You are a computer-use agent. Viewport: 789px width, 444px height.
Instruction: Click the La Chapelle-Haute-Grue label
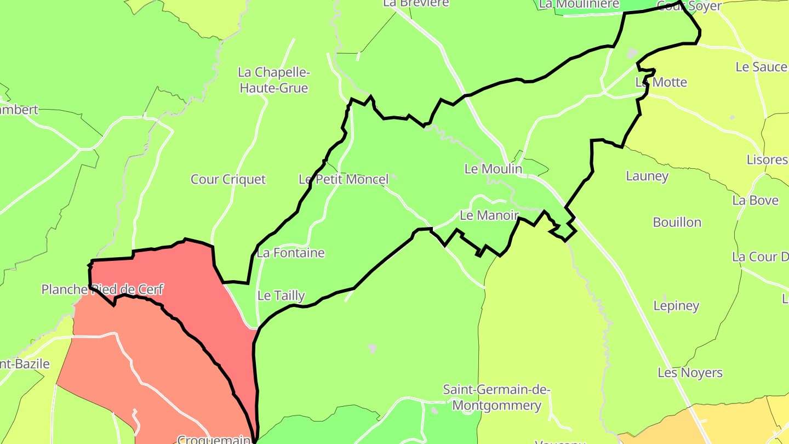click(x=274, y=80)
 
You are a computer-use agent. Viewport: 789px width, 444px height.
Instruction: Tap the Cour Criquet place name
click(x=228, y=179)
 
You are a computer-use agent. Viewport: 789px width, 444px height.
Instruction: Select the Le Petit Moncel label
click(x=344, y=179)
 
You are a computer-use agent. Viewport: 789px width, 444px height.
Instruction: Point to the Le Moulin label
click(x=493, y=169)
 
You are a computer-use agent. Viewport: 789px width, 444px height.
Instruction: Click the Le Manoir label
click(x=489, y=215)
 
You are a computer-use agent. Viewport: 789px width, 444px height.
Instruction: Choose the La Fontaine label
click(x=290, y=253)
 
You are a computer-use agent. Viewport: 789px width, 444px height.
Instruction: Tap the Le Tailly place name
click(x=281, y=295)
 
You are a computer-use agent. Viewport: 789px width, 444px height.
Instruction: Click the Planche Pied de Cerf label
click(x=102, y=289)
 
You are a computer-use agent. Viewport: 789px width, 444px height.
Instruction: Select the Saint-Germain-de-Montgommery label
click(x=496, y=398)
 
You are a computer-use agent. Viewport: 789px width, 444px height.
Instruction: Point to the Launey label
click(x=647, y=176)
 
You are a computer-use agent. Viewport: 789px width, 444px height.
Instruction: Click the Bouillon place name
click(x=677, y=222)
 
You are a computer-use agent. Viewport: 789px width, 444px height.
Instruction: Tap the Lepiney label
click(x=676, y=305)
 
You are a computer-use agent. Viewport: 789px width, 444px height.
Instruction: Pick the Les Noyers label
click(x=690, y=373)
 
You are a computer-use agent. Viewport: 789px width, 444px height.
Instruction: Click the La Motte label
click(x=661, y=82)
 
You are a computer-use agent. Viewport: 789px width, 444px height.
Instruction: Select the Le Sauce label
click(x=761, y=67)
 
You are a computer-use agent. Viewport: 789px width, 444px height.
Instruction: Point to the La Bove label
click(x=755, y=200)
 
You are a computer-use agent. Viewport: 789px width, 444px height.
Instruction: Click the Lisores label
click(x=767, y=160)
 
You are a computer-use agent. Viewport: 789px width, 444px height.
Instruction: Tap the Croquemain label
click(x=214, y=439)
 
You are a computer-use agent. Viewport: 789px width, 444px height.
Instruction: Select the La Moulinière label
click(x=579, y=4)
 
